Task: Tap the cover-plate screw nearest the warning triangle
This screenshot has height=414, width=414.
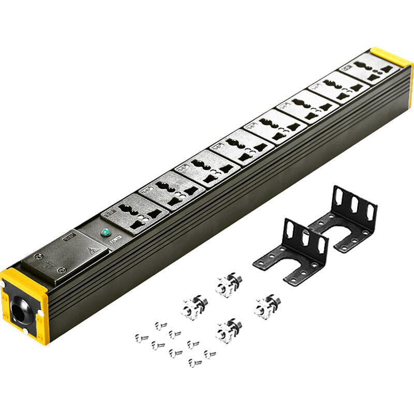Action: pos(62,270)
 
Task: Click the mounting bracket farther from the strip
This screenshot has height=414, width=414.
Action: pos(344,217)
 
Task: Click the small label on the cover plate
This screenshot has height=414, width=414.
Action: pos(67,238)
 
